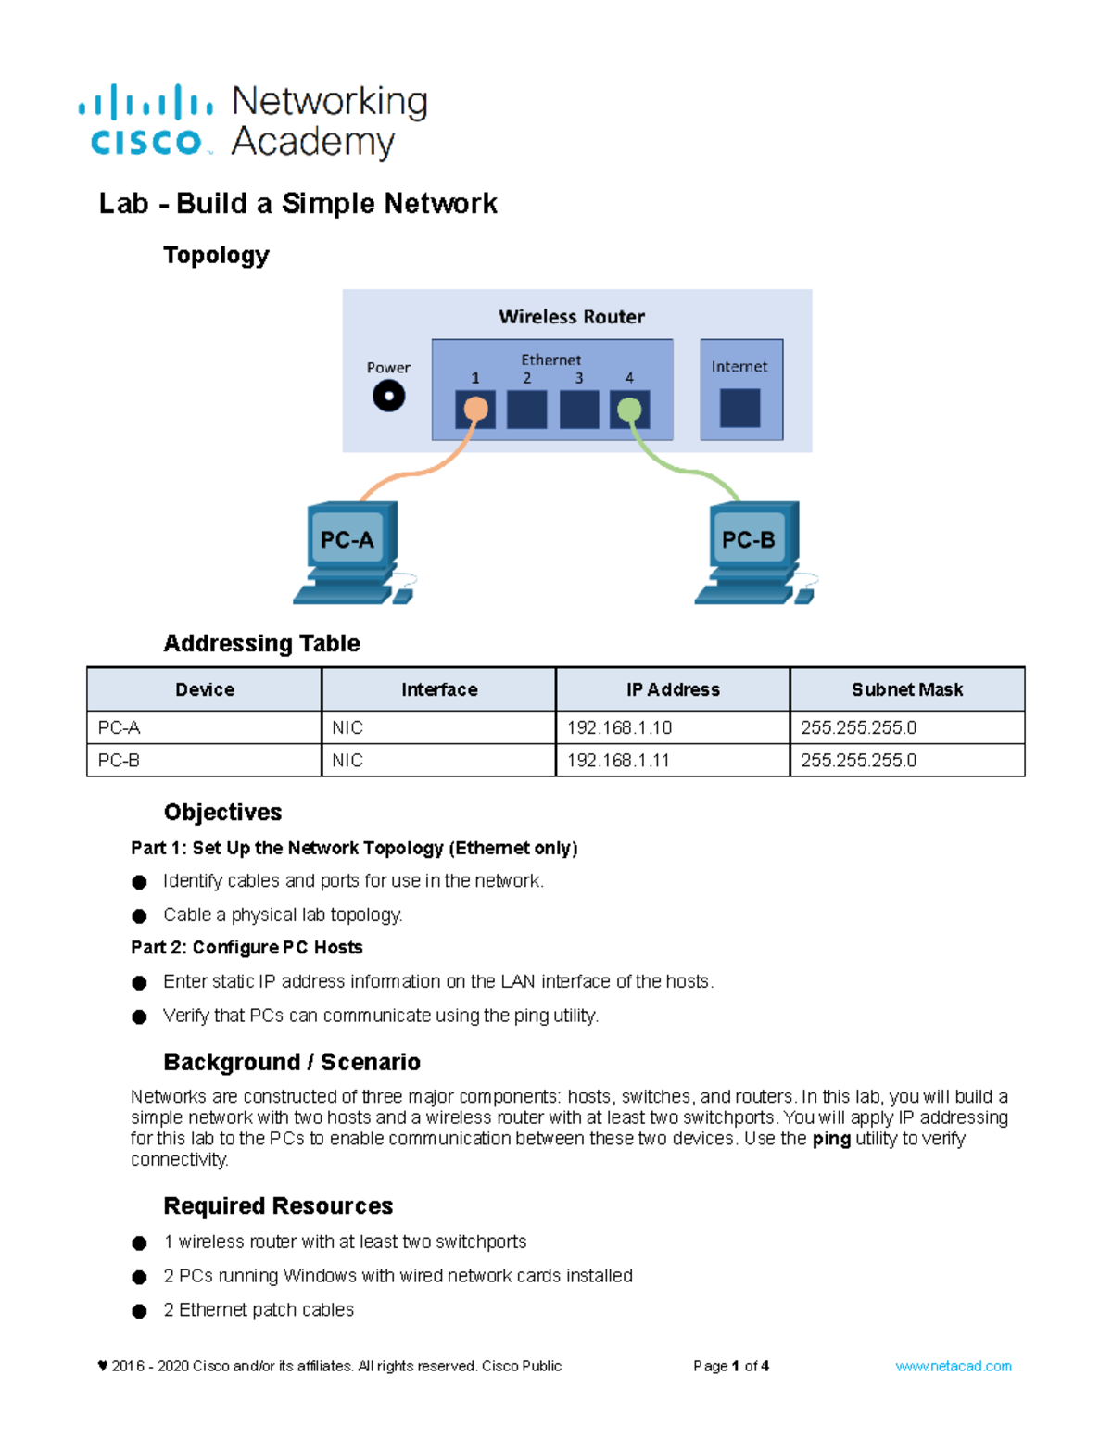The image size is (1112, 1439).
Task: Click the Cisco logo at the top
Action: coord(145,121)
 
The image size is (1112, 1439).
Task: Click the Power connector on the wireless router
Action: coord(388,397)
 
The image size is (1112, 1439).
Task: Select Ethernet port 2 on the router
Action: coord(526,409)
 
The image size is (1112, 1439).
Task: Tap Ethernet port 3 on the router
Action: coord(579,409)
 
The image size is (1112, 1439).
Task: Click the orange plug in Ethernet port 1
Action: coord(475,409)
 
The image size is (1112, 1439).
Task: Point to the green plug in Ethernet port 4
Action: coord(629,409)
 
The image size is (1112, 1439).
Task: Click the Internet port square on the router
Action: coord(739,408)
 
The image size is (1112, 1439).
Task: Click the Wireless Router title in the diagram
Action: coord(572,317)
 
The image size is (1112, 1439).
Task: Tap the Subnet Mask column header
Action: coord(906,689)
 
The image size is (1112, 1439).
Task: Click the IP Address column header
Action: coord(673,689)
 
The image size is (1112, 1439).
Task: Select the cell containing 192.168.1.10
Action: coord(673,727)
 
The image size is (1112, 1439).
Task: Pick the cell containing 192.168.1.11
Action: coord(673,760)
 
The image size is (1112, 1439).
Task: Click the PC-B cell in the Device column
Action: coord(204,760)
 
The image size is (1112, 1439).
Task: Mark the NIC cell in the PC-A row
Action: coord(438,727)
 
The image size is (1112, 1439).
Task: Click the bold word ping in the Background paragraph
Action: coord(831,1139)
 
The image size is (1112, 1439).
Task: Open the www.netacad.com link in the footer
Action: coord(953,1366)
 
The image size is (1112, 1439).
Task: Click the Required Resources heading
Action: coord(278,1205)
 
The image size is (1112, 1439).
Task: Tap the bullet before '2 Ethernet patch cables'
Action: coord(140,1311)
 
